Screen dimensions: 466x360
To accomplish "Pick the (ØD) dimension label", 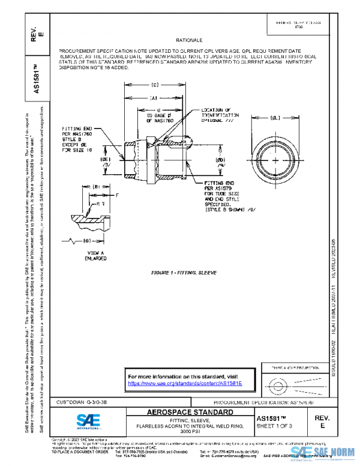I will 220,160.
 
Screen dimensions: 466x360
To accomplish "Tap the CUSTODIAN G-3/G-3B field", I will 82,401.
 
